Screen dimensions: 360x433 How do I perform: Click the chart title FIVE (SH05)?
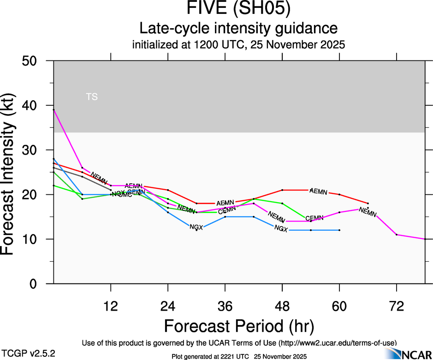(x=239, y=9)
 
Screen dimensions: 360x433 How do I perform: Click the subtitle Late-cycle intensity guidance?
(x=239, y=28)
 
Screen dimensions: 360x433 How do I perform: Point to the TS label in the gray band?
(x=92, y=97)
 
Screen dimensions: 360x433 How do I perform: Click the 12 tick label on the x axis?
(x=111, y=306)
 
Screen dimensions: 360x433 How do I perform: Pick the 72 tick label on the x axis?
(x=397, y=306)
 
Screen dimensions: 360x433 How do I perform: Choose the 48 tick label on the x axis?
(x=282, y=306)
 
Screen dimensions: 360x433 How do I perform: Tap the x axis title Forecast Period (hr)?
(x=239, y=326)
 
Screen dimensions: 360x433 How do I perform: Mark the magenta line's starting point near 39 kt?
(x=54, y=110)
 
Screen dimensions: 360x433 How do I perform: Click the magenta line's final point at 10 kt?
(x=425, y=239)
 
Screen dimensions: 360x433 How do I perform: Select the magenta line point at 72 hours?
(x=397, y=234)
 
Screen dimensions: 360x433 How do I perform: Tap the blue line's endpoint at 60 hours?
(x=339, y=230)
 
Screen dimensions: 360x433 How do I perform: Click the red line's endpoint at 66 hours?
(x=368, y=203)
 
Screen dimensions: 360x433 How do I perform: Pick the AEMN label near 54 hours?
(x=319, y=191)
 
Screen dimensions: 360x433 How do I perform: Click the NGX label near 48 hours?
(x=281, y=228)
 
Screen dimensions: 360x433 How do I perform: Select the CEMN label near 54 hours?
(x=314, y=218)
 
